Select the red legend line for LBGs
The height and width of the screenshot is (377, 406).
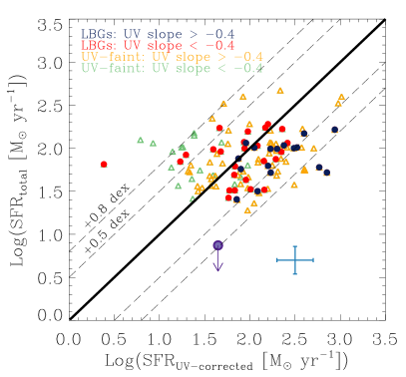point(158,45)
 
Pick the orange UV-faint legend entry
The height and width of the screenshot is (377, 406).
point(172,57)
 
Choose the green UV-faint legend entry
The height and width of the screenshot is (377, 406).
point(172,69)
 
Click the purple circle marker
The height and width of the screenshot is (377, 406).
point(217,244)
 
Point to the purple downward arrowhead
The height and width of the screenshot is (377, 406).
point(217,267)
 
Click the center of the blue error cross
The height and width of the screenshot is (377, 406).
point(295,260)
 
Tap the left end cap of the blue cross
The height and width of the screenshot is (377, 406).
point(277,260)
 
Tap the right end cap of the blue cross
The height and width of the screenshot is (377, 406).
point(313,260)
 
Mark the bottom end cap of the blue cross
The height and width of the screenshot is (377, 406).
point(295,274)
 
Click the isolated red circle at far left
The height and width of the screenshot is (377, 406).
point(104,165)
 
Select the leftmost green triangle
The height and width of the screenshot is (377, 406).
point(140,140)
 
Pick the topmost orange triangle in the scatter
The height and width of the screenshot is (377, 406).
point(280,90)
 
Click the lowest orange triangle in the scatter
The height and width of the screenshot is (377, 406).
point(247,209)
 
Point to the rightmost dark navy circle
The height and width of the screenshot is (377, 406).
point(335,129)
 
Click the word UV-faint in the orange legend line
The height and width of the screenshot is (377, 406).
point(102,57)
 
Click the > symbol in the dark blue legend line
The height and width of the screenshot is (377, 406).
point(194,34)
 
